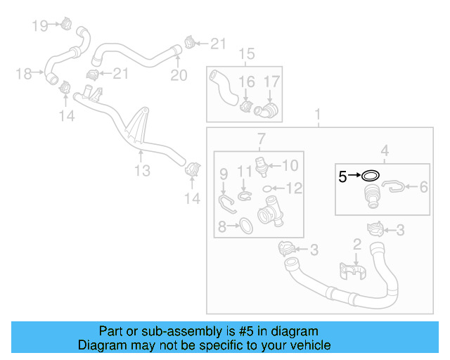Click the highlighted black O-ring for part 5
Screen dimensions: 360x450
coord(371,176)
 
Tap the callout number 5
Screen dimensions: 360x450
coord(342,176)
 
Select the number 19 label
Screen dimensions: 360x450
coord(40,26)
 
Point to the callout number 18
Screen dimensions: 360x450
coord(24,73)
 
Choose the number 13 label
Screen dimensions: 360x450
coord(142,171)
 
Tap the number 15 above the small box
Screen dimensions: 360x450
coord(245,54)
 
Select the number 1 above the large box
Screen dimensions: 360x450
coord(317,114)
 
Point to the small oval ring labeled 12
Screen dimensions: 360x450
coord(267,188)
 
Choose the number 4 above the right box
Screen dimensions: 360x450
coord(385,150)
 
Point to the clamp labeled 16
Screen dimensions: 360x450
coord(247,108)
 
